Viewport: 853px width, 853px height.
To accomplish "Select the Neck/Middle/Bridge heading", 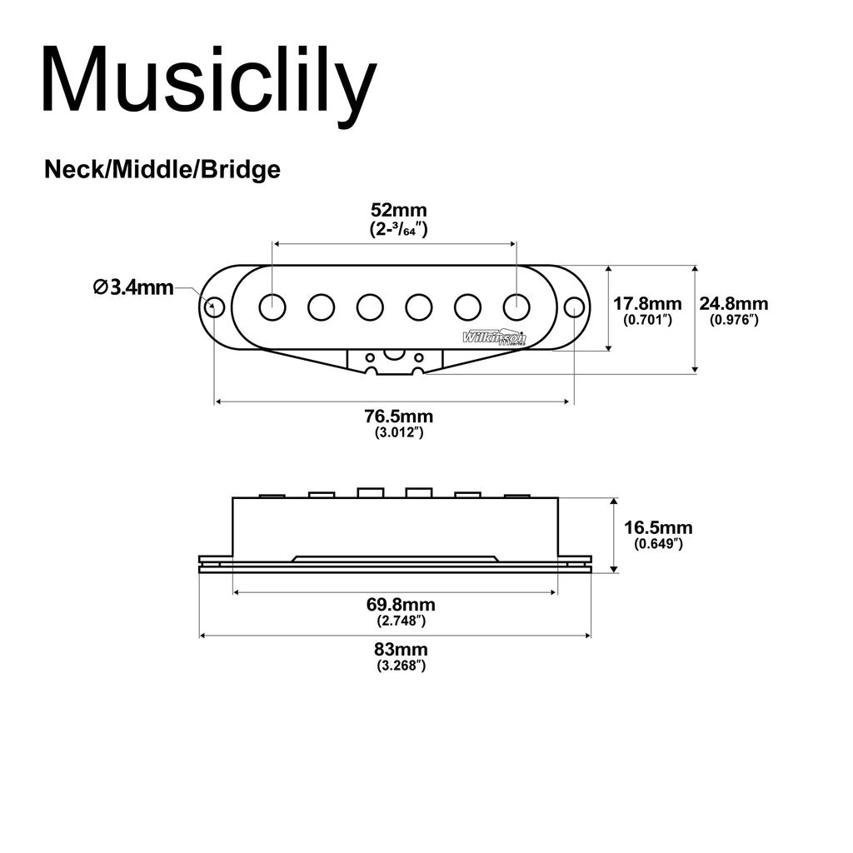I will [x=162, y=170].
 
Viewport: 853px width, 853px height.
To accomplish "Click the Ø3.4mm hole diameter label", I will [x=133, y=287].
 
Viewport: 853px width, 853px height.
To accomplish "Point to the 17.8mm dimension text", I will [x=647, y=303].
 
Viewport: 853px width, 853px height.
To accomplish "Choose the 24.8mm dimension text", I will [x=733, y=303].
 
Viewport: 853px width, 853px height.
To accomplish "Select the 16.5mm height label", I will [x=658, y=527].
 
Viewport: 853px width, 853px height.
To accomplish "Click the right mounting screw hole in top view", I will [x=574, y=307].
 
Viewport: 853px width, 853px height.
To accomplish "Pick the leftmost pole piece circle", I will [x=272, y=307].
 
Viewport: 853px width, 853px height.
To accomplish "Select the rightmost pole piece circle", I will [x=516, y=307].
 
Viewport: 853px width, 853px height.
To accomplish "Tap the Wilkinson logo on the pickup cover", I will [x=494, y=337].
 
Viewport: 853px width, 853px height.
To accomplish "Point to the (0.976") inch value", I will [x=733, y=319].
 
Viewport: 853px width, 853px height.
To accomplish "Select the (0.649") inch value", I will [x=658, y=543].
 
